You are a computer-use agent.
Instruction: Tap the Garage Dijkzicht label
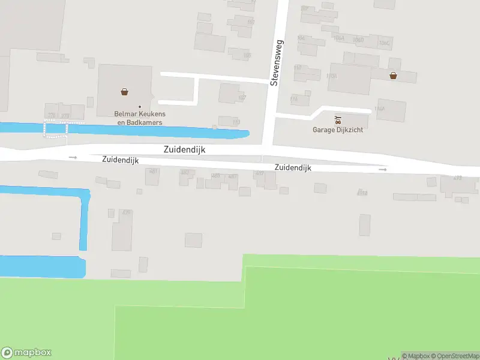point(338,130)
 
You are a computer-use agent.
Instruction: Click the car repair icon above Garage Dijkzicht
point(338,119)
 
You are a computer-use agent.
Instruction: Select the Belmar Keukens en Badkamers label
point(139,118)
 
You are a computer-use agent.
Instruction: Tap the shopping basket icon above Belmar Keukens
point(124,92)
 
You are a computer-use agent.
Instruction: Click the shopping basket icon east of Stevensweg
point(393,76)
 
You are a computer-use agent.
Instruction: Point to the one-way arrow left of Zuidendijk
point(73,157)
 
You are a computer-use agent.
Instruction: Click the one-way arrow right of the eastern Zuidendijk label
point(383,170)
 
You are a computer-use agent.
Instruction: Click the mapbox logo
point(26,353)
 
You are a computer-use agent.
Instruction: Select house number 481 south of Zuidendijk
point(154,172)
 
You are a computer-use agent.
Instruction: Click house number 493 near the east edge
point(458,178)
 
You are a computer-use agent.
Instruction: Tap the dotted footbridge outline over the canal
point(55,128)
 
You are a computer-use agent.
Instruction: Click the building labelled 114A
point(379,109)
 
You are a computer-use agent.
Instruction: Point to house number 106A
point(339,38)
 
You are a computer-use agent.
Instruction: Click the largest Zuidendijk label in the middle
point(184,150)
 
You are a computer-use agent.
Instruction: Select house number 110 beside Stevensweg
point(298,67)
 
